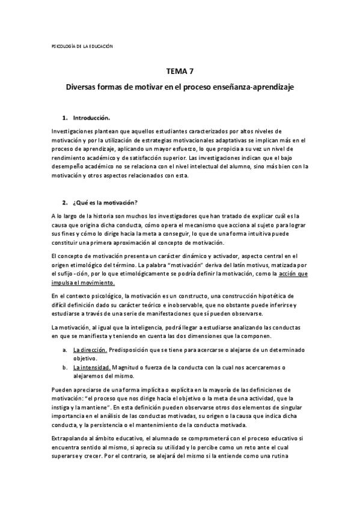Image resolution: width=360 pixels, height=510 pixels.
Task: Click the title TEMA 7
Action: pos(180,71)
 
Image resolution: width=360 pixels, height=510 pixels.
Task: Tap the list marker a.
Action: pos(65,349)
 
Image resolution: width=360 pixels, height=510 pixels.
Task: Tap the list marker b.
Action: pos(65,367)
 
